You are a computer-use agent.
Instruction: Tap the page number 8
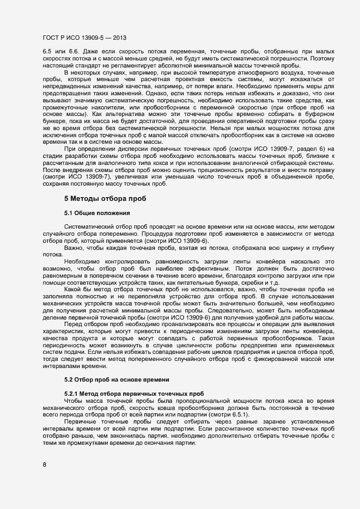coord(45,464)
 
